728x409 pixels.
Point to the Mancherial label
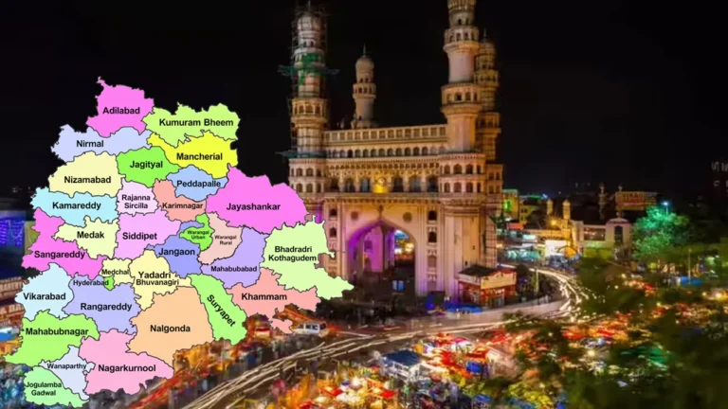[x=199, y=155]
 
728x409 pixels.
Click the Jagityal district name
[x=147, y=163]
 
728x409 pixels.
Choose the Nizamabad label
[x=87, y=179]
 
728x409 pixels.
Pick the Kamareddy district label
[x=76, y=205]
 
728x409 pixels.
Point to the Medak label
[x=91, y=235]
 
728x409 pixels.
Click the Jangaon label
[x=177, y=252]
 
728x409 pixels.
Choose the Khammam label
[x=264, y=296]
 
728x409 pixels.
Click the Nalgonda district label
[x=172, y=329]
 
